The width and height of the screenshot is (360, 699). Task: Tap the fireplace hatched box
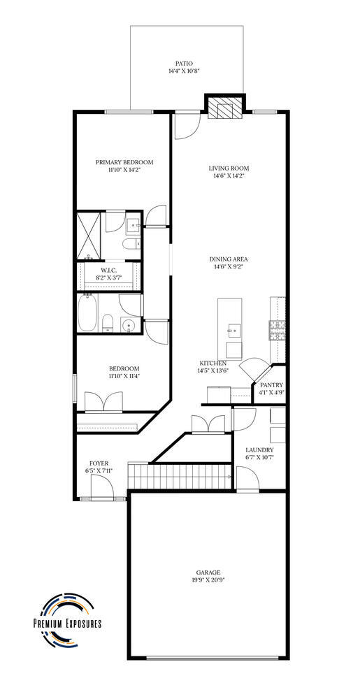(x=225, y=108)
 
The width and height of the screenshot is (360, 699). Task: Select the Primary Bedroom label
(x=124, y=162)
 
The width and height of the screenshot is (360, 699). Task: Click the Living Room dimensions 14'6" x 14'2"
(x=229, y=175)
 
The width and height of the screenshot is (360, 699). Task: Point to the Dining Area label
(x=229, y=259)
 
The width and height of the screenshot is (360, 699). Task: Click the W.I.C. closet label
(x=108, y=270)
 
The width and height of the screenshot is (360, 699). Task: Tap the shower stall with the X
(x=88, y=236)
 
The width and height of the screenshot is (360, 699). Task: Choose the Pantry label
(x=271, y=384)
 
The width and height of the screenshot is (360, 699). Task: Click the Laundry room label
(x=259, y=449)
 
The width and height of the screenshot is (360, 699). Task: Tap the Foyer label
(x=99, y=463)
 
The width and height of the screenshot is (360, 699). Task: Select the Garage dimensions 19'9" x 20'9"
(x=208, y=580)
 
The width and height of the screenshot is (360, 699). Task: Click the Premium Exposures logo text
(x=68, y=624)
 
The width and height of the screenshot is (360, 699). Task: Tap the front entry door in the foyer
(x=102, y=487)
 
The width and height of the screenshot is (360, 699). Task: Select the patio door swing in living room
(x=186, y=126)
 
